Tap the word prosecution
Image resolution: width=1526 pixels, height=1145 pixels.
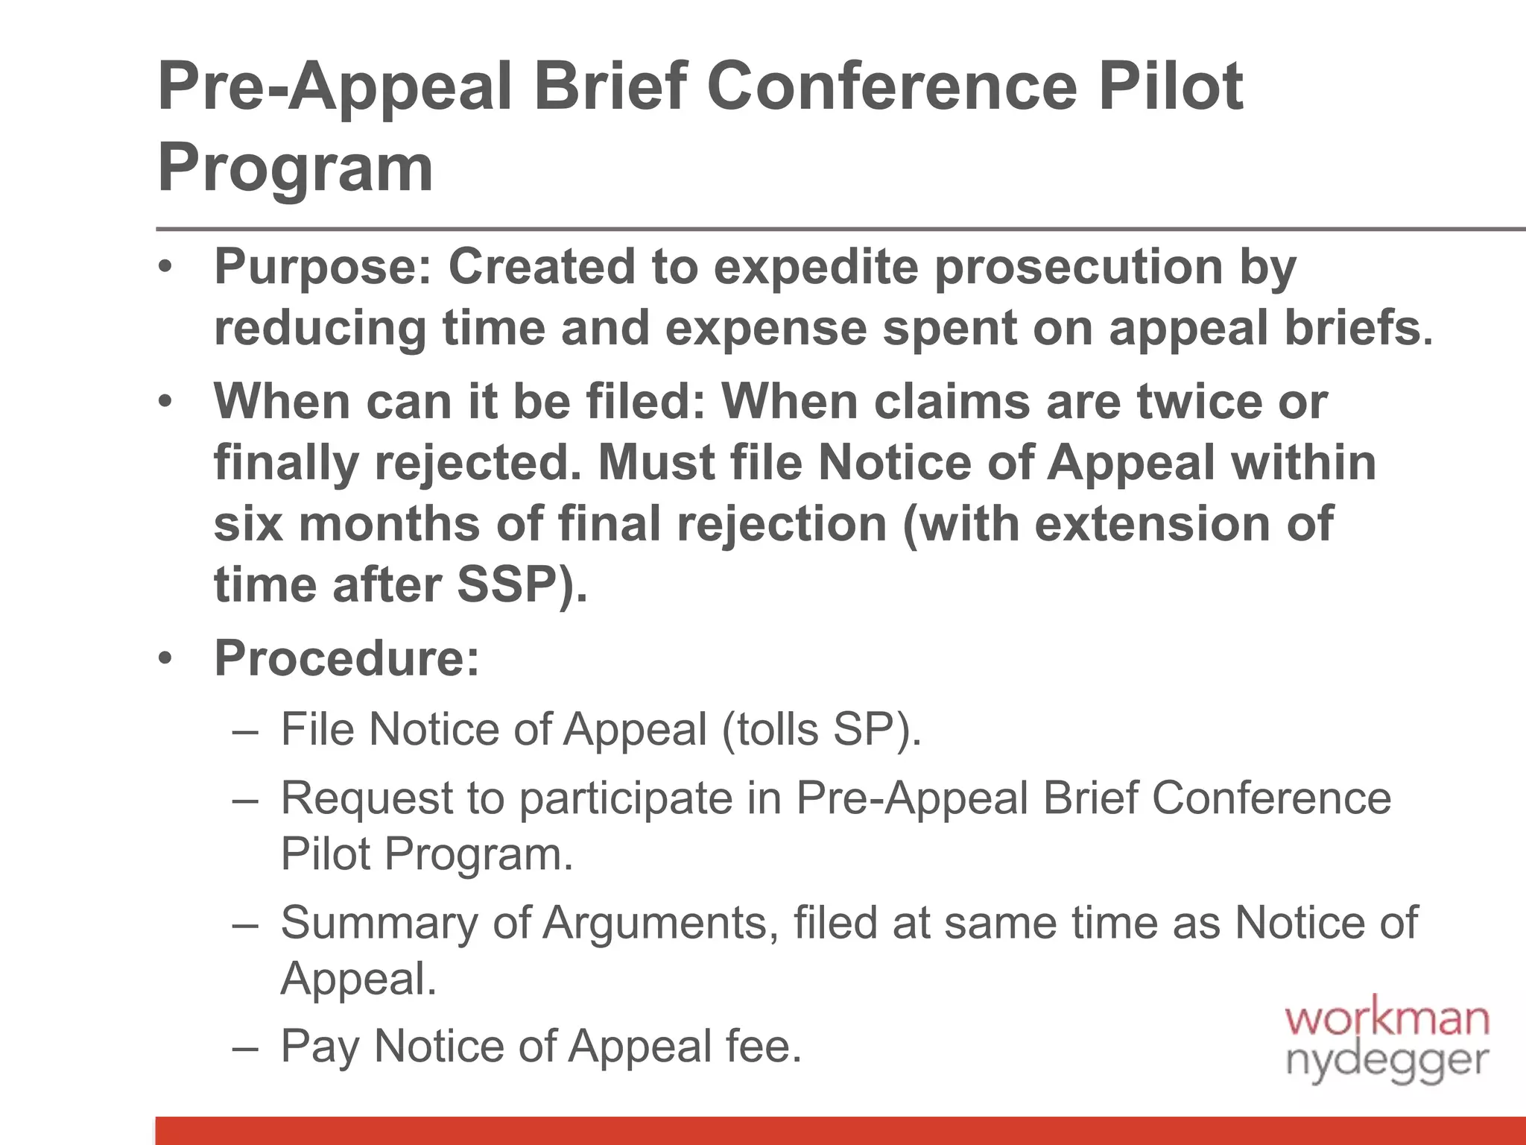pos(1078,267)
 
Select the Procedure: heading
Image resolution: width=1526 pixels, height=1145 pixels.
pos(347,658)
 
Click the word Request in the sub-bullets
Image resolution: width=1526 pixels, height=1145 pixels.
pos(367,798)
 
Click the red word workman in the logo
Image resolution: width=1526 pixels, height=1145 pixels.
pos(1387,1019)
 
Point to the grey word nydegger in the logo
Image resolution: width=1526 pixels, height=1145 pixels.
pos(1387,1061)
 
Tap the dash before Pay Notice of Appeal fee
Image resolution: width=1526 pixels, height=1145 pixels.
pos(245,1047)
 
